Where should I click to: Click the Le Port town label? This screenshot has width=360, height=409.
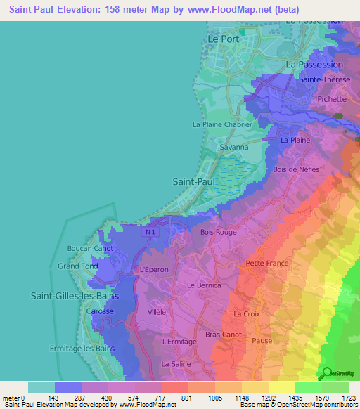[x=224, y=40]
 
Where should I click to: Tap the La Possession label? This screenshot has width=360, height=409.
[x=314, y=64]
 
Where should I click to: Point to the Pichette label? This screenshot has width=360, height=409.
[x=332, y=100]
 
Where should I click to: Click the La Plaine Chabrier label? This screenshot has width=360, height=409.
[x=222, y=124]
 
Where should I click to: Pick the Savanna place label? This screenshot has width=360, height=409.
[x=234, y=148]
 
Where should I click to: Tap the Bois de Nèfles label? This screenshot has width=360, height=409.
[x=296, y=169]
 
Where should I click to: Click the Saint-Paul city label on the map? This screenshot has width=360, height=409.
[x=193, y=181]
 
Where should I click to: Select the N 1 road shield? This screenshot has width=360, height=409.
[x=147, y=232]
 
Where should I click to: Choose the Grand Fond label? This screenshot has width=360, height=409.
[x=78, y=266]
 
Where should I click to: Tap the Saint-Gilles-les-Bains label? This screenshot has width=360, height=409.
[x=75, y=297]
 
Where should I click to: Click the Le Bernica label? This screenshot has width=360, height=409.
[x=204, y=285]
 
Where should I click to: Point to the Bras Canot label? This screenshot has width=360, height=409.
[x=224, y=335]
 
